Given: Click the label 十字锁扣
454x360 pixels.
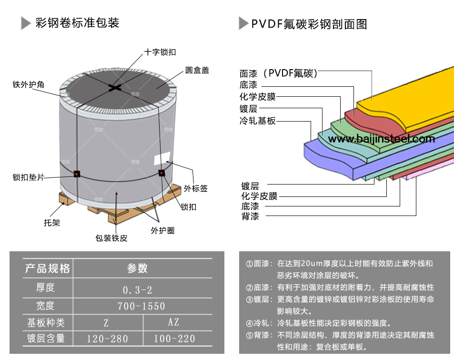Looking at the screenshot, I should point(160,52).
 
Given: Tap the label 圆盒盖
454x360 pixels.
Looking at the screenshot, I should point(197,71).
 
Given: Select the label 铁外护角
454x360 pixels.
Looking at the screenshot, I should point(28,85).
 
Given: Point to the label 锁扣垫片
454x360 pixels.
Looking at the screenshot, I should point(29,177).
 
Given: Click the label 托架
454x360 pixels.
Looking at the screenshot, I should point(51,223).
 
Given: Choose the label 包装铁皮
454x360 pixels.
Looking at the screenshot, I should point(111,238).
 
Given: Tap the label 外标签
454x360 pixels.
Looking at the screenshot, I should point(196,188).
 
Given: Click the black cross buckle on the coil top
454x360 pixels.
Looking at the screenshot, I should point(115,87).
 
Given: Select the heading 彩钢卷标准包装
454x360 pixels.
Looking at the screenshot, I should point(77,22).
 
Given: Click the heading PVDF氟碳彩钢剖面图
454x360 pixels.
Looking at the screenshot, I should point(309,23).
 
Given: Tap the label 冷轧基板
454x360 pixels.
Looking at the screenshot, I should point(258,121).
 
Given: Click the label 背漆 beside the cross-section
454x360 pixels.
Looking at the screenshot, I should point(250,217).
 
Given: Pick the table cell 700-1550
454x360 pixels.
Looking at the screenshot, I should point(141,306).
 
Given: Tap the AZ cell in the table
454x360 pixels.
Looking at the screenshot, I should point(173,322).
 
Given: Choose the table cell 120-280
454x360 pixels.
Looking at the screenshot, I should point(107,339).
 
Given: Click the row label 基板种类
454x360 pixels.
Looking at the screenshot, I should point(46,323).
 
